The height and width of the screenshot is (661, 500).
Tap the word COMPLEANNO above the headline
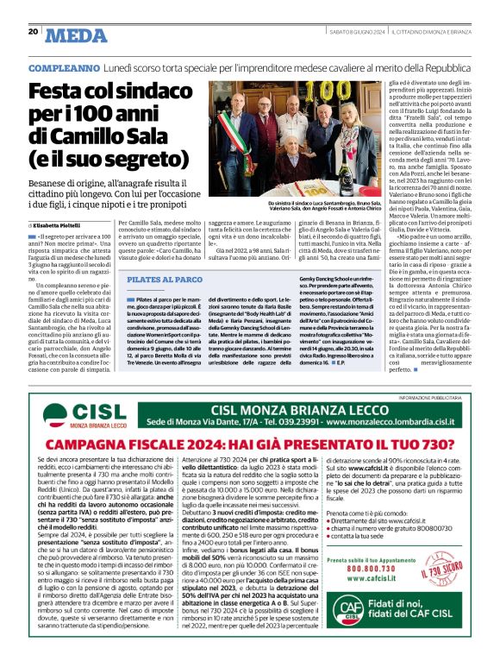[63, 67]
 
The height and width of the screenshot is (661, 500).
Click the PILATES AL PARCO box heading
[160, 280]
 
